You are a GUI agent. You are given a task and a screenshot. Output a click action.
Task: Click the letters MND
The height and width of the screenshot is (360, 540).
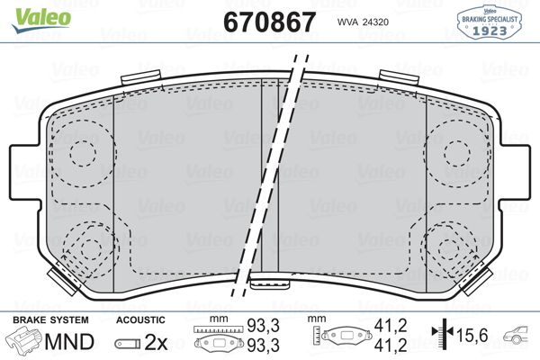pyautogui.click(x=68, y=342)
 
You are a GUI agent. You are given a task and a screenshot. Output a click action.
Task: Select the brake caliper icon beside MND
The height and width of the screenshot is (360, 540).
pyautogui.click(x=24, y=342)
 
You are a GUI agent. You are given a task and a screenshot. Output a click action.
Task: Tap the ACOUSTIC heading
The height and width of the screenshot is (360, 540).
pyautogui.click(x=139, y=320)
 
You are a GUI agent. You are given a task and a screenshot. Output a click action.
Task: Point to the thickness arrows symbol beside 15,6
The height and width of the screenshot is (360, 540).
pyautogui.click(x=441, y=335)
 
